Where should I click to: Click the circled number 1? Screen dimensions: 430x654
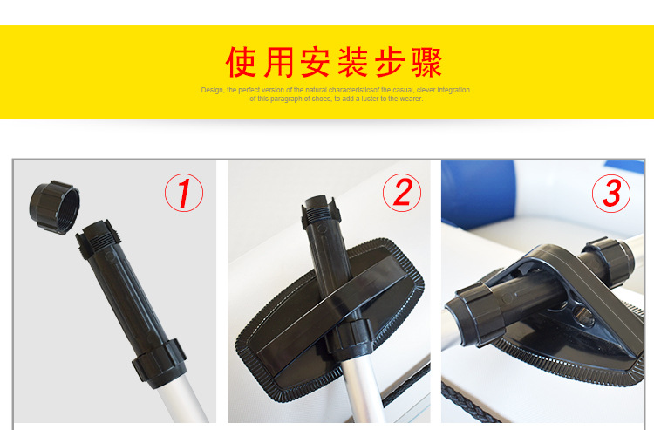tap(184, 193)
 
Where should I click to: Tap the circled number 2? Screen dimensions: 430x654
tap(401, 193)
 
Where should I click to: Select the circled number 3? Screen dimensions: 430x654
tap(611, 193)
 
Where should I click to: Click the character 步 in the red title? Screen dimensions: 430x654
tap(388, 62)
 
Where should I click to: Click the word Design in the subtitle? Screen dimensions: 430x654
tap(212, 90)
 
